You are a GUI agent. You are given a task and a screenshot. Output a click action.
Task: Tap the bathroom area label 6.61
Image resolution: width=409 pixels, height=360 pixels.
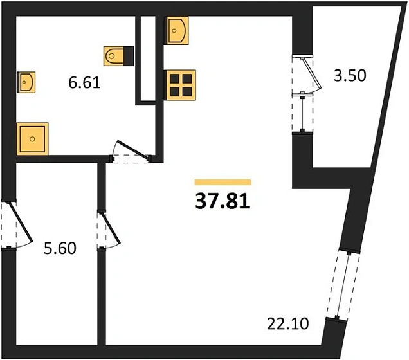(84, 83)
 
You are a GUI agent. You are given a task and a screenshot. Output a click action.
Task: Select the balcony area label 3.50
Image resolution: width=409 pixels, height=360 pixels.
(350, 76)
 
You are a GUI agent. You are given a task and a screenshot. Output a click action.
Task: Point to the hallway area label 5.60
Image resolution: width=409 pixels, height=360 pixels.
(60, 248)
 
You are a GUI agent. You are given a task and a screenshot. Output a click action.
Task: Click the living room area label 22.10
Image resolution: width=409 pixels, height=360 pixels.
(288, 324)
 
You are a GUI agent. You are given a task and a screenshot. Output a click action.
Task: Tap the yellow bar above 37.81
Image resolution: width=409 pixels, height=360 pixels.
(223, 182)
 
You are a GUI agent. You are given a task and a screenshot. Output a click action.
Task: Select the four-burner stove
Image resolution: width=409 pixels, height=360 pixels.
(181, 85)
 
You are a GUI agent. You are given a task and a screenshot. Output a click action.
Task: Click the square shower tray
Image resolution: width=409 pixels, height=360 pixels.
(32, 139)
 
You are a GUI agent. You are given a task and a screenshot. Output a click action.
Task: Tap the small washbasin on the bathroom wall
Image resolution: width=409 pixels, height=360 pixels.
(26, 82)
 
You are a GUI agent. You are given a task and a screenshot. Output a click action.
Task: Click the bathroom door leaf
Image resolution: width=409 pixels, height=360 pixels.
(133, 150)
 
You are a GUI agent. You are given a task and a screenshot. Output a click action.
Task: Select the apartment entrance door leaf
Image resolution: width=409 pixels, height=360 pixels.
(21, 221)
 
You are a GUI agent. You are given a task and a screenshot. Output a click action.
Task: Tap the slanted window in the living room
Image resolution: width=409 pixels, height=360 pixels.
(343, 285)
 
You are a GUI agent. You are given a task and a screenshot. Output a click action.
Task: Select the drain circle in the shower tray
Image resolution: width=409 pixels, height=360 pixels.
(32, 139)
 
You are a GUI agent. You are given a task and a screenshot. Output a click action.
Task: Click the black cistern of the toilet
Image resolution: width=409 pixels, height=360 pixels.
(129, 56)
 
